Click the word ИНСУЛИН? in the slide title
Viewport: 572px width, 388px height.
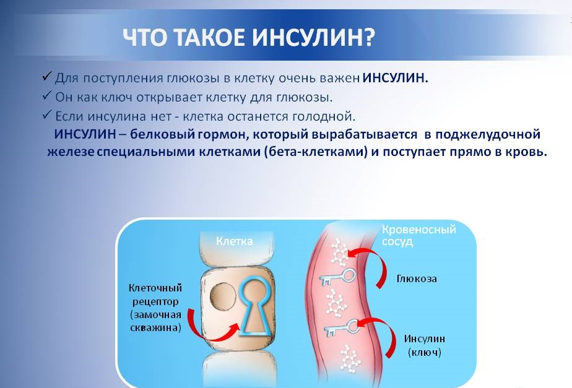click(313, 37)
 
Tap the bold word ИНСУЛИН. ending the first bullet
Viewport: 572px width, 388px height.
click(395, 78)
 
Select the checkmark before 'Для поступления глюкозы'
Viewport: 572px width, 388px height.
click(47, 77)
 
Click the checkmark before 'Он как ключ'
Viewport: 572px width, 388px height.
click(47, 96)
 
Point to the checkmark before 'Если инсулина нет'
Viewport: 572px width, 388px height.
click(47, 115)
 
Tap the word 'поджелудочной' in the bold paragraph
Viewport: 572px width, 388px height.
click(488, 134)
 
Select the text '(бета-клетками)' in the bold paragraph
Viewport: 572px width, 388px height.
click(316, 152)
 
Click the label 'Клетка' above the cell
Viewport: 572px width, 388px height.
click(234, 241)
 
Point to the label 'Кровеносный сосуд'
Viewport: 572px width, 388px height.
click(418, 235)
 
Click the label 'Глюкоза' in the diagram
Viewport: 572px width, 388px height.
click(417, 278)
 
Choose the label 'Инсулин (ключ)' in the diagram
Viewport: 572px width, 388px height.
click(424, 345)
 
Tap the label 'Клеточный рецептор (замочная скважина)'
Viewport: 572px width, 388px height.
click(155, 308)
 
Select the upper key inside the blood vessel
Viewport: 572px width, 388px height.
click(337, 277)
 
